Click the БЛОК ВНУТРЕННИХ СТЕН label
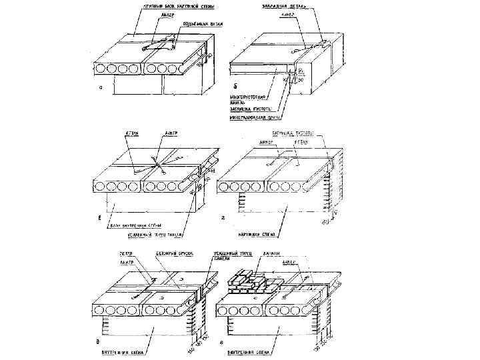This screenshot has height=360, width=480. click(135, 225)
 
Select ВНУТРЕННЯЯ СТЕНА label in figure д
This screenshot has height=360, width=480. click(126, 347)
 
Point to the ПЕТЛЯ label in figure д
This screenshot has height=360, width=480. click(127, 255)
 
